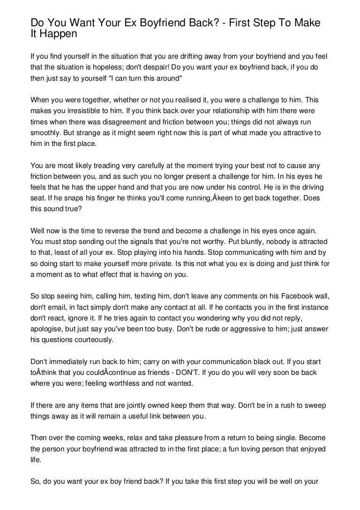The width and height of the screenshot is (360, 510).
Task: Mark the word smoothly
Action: coord(47,132)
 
